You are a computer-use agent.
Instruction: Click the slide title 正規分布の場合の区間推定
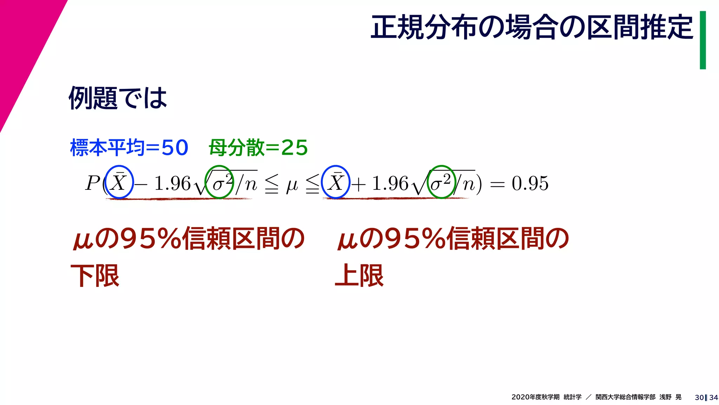coord(532,27)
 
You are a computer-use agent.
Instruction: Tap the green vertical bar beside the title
coord(702,40)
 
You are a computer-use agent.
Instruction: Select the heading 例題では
coord(118,98)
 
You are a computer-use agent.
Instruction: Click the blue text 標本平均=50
coord(129,147)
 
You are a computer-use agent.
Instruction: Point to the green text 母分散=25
coord(258,147)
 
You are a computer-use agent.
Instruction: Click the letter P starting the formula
coord(93,183)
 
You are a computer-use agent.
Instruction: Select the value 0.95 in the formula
coord(530,184)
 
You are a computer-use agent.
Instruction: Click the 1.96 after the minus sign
coord(172,184)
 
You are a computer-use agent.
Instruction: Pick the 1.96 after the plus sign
coord(390,184)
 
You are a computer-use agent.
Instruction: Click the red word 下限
coord(95,276)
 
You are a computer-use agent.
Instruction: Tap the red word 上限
coord(359,276)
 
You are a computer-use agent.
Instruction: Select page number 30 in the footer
coord(699,398)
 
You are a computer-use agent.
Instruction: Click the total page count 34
coord(713,398)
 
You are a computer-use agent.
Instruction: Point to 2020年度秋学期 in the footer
coord(535,397)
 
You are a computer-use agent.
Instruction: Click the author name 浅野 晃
coord(670,397)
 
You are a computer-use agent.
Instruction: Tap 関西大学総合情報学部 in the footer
coord(625,397)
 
